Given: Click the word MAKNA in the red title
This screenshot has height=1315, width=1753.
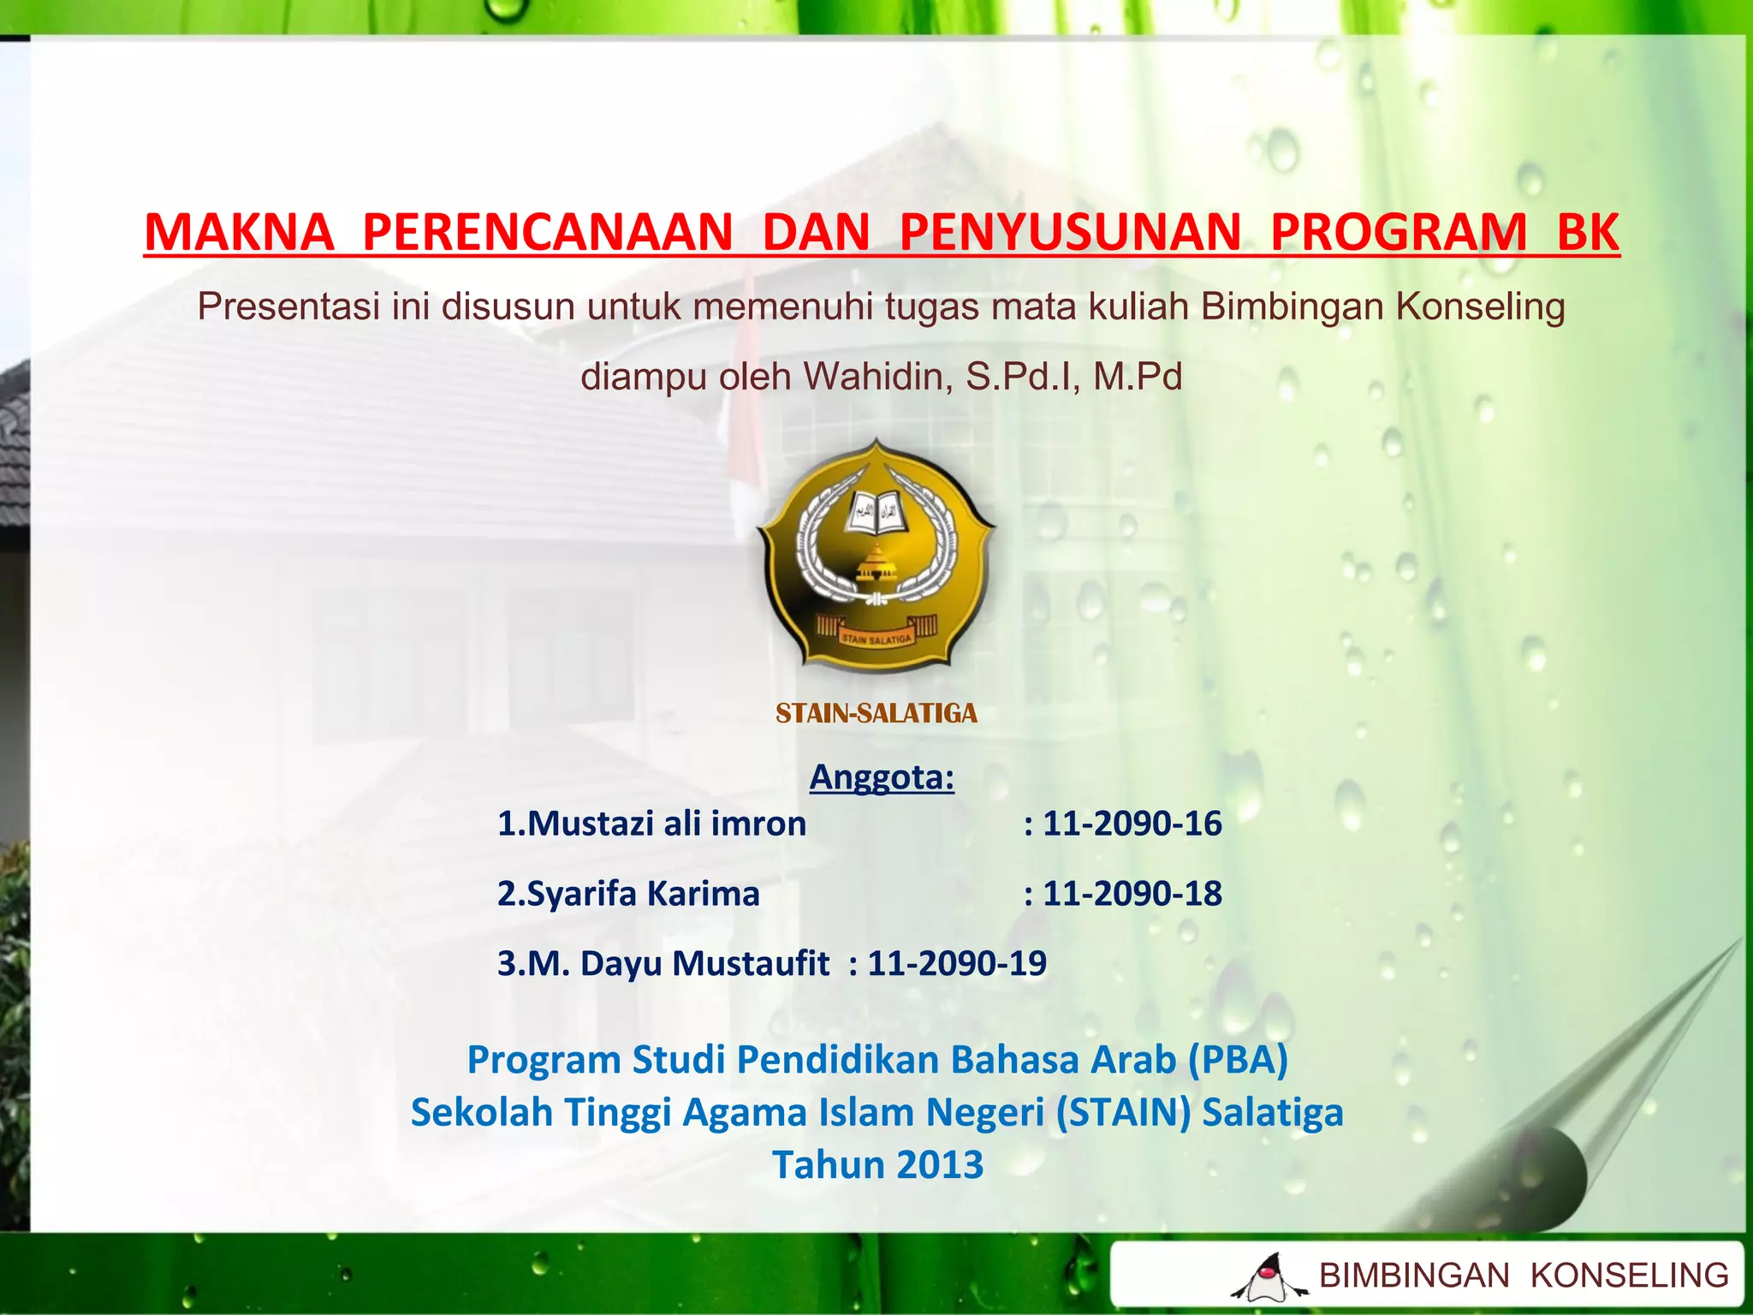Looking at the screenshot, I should click(239, 232).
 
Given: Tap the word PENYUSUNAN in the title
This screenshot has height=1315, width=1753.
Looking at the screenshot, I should click(1070, 232).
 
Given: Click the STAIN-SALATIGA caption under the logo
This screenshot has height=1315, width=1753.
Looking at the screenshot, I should click(876, 713).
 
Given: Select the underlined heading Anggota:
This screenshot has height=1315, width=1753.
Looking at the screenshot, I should click(882, 777).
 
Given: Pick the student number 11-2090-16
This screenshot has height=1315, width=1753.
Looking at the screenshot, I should click(1132, 824).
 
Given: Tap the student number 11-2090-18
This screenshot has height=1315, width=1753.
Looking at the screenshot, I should click(1132, 894).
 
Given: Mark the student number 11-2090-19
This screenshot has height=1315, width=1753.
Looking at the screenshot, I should click(957, 964).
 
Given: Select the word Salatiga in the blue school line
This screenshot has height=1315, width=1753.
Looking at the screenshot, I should click(1273, 1113).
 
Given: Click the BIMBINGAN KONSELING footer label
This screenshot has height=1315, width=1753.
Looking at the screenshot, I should click(1524, 1276).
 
